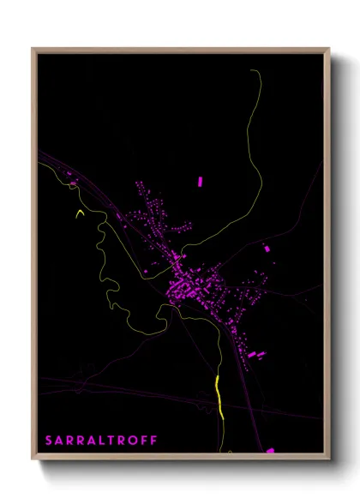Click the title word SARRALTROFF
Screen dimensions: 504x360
point(101,441)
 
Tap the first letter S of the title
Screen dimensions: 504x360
point(50,441)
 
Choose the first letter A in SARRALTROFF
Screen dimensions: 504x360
point(60,441)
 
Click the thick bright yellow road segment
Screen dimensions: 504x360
point(219,397)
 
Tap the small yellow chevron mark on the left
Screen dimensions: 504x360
point(81,213)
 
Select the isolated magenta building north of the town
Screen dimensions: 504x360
point(201,182)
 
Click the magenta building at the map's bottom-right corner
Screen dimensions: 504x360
point(270,450)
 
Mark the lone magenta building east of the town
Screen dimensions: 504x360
point(267,248)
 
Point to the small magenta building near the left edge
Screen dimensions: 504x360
point(73,183)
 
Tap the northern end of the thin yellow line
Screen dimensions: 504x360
point(255,72)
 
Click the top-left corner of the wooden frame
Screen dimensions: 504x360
point(33,48)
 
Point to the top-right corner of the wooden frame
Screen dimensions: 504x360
point(329,48)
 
